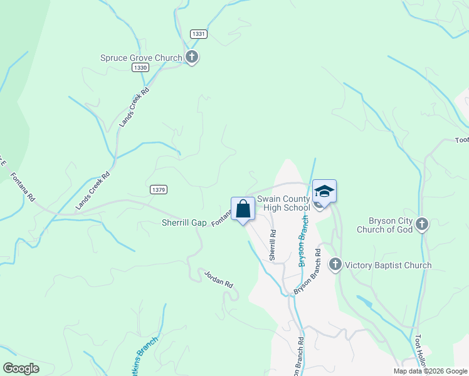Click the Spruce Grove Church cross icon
[192, 58]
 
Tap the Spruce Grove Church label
[141, 58]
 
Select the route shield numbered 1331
[199, 34]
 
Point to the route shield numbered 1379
[158, 189]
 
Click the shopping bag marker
[243, 209]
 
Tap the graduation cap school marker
[325, 191]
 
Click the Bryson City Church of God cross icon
[423, 224]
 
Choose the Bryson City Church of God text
[385, 224]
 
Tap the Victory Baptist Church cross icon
[335, 264]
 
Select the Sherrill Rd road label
[273, 245]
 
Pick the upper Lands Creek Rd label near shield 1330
[134, 108]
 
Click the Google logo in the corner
[21, 368]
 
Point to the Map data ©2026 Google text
[431, 371]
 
